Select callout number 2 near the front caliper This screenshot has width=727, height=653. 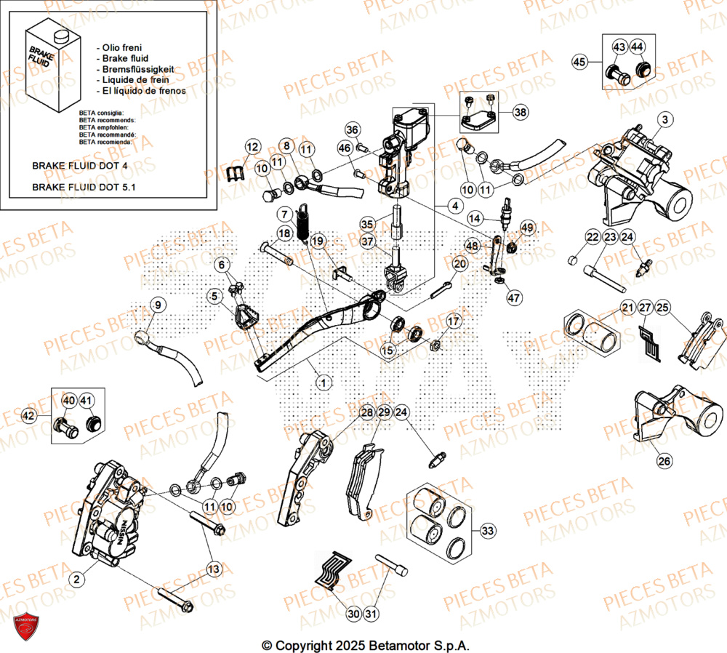pyautogui.click(x=76, y=579)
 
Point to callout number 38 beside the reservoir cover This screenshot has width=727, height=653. pyautogui.click(x=521, y=112)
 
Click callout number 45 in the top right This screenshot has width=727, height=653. pyautogui.click(x=579, y=63)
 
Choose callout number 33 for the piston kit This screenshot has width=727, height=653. pyautogui.click(x=488, y=531)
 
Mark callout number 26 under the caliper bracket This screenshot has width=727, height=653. pyautogui.click(x=665, y=460)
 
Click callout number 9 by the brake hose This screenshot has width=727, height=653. pyautogui.click(x=158, y=304)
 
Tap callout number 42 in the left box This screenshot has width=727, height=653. pyautogui.click(x=28, y=416)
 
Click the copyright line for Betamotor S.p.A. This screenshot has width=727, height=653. pyautogui.click(x=366, y=645)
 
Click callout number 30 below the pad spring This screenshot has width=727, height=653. pyautogui.click(x=353, y=614)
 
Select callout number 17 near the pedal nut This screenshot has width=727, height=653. pyautogui.click(x=452, y=321)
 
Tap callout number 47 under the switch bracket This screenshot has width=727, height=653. pyautogui.click(x=515, y=298)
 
